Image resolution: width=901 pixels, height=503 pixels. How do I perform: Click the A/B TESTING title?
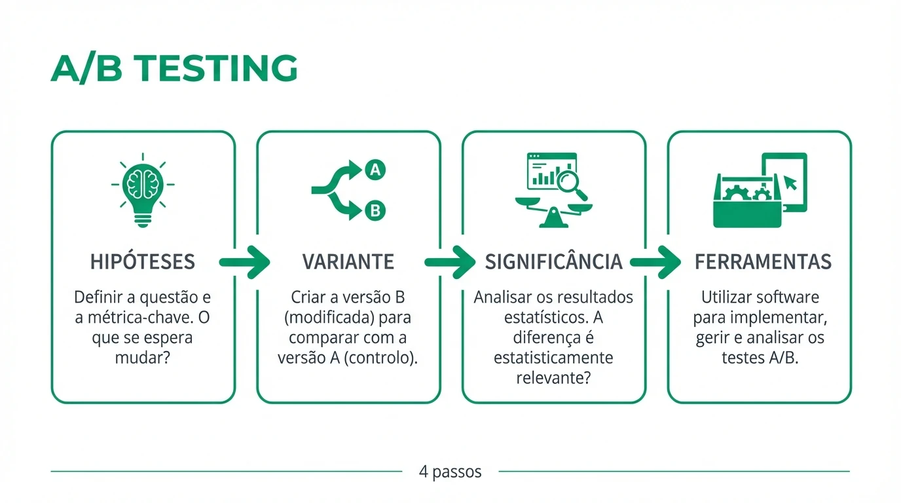174,68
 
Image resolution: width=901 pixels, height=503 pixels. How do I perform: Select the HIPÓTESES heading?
143,262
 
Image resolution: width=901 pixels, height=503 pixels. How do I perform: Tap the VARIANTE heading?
348,262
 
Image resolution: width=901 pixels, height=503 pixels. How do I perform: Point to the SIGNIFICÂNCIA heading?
553,262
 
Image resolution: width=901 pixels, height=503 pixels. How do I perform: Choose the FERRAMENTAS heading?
763,262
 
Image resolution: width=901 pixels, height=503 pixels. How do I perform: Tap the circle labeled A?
375,170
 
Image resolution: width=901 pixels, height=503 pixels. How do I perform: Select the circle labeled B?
375,211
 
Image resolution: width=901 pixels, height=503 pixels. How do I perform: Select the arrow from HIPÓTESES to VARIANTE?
245,262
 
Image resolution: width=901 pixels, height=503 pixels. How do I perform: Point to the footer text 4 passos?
450,472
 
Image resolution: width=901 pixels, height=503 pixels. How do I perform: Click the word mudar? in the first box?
143,359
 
